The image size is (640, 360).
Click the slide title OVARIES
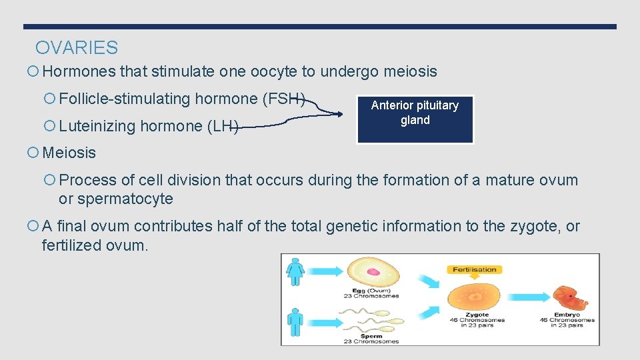coord(77,48)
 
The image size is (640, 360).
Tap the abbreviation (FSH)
coord(285,99)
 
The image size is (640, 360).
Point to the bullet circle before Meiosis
coord(34,153)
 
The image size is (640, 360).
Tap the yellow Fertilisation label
coord(475,269)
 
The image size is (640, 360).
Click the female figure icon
coord(295,273)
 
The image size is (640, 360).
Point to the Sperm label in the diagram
coord(371,336)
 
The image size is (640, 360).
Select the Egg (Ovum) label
coord(371,291)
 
